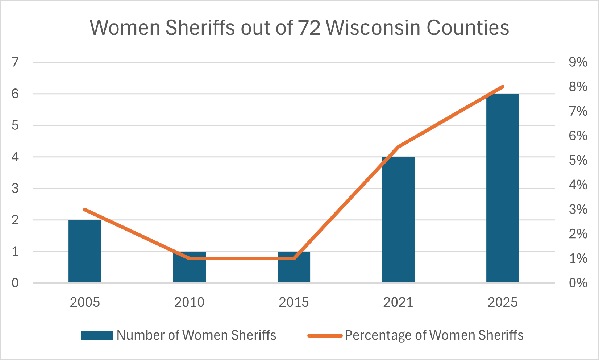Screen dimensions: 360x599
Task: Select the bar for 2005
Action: [x=85, y=251]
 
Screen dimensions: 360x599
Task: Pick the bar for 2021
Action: [x=398, y=220]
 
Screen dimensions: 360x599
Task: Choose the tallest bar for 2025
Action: [x=503, y=189]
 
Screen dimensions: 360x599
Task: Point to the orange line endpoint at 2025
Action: [x=503, y=87]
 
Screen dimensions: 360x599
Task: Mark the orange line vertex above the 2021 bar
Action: [x=398, y=147]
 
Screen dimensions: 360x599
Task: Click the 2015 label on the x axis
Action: [x=294, y=302]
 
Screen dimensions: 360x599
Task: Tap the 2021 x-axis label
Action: [x=398, y=302]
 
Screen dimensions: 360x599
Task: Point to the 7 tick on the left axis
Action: [x=15, y=62]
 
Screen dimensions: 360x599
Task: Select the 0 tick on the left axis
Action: [x=15, y=283]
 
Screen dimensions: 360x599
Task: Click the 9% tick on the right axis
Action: [x=578, y=62]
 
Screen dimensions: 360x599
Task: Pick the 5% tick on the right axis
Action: [x=578, y=160]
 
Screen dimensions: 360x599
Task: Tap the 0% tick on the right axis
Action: [x=578, y=283]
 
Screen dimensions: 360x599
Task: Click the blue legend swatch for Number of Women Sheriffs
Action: [x=97, y=336]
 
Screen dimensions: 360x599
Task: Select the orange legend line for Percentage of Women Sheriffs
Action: [x=325, y=336]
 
